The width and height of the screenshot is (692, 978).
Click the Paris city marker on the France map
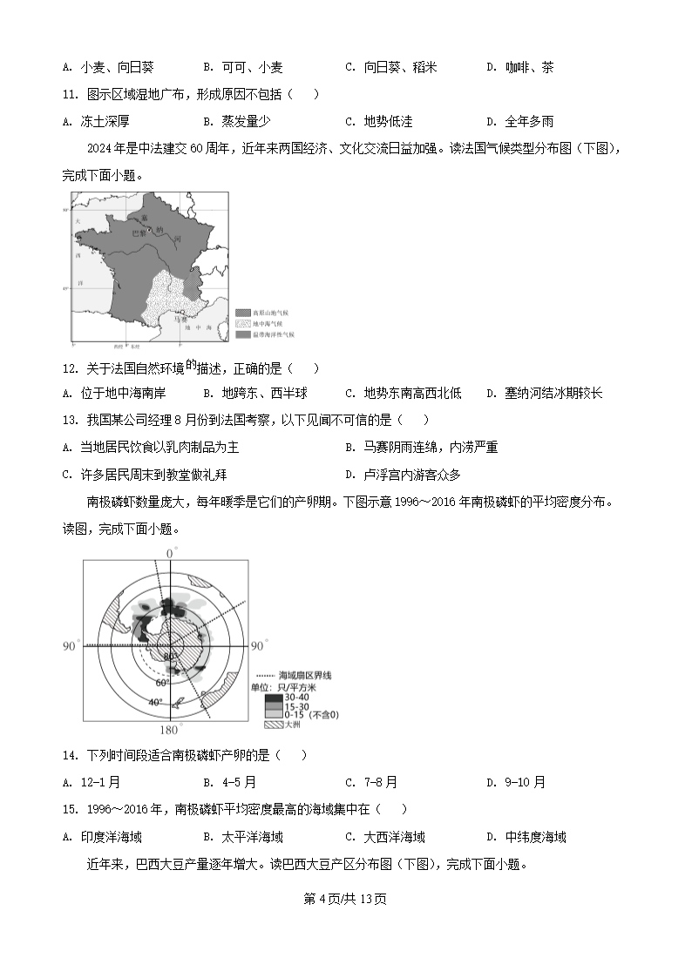point(150,229)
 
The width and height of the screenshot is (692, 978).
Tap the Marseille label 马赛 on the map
point(180,320)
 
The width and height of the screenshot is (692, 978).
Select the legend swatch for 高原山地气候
point(242,312)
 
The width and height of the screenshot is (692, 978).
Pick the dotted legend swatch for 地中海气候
point(242,323)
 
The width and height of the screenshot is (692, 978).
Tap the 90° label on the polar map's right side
point(257,646)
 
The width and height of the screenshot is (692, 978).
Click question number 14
point(71,755)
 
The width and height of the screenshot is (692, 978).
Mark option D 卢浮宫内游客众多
point(403,475)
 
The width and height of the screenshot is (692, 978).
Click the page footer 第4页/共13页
point(345,899)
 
